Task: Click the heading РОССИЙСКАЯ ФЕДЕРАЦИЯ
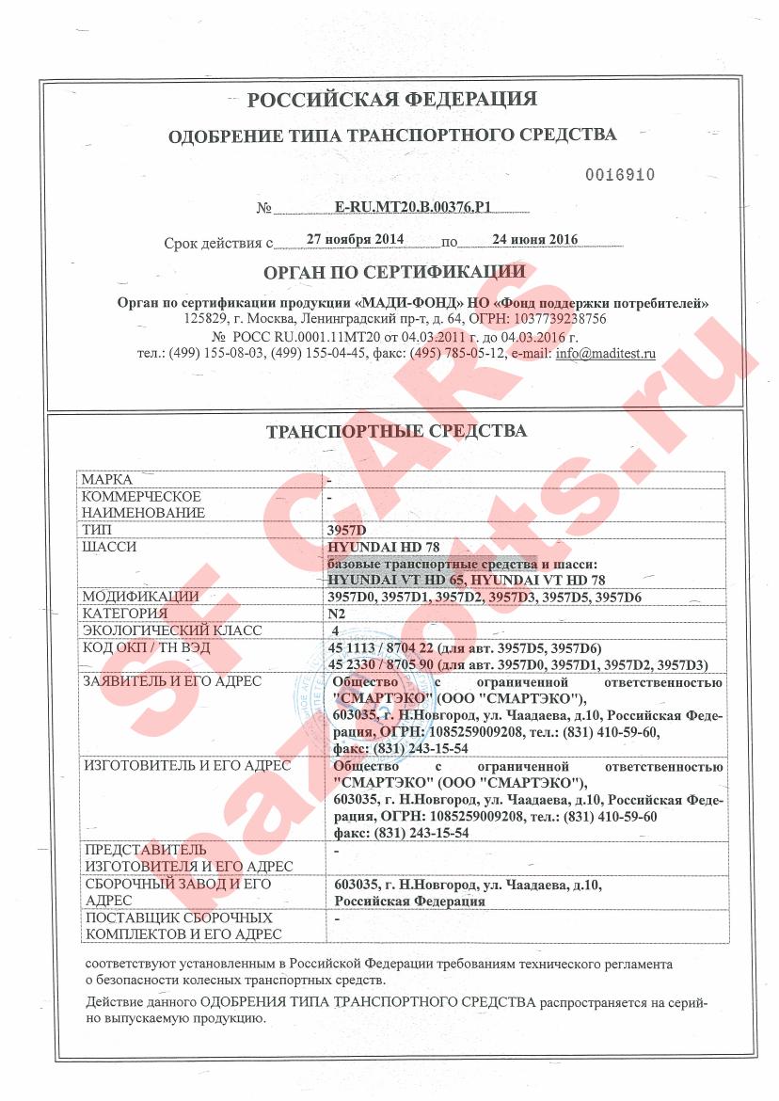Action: (x=391, y=100)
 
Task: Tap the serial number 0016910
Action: (x=619, y=175)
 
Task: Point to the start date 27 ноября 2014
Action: (x=356, y=240)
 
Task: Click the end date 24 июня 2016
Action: (x=535, y=240)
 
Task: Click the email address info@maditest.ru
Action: (x=606, y=355)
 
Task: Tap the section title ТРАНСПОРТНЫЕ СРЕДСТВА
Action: (x=397, y=432)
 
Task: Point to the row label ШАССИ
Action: (x=110, y=547)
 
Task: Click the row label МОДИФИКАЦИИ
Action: (x=140, y=597)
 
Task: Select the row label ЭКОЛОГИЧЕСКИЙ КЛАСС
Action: (x=171, y=630)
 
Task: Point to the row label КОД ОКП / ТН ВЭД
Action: (x=160, y=647)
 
